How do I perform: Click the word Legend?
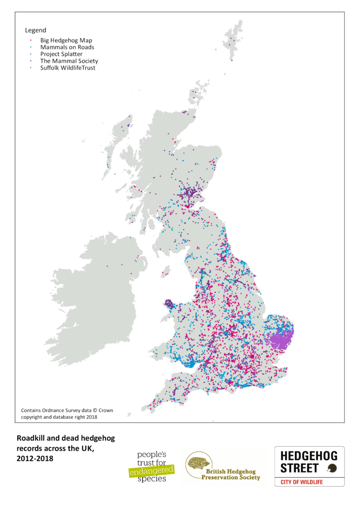(36, 30)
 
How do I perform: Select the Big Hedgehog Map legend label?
(66, 41)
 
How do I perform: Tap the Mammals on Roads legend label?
(67, 47)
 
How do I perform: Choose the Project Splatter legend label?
(61, 54)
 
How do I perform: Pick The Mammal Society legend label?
(69, 61)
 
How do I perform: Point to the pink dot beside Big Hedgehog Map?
(30, 41)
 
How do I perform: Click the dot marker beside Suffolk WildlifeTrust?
(30, 67)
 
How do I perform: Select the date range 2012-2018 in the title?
(35, 458)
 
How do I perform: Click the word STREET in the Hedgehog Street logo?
(300, 468)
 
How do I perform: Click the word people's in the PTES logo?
(151, 455)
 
